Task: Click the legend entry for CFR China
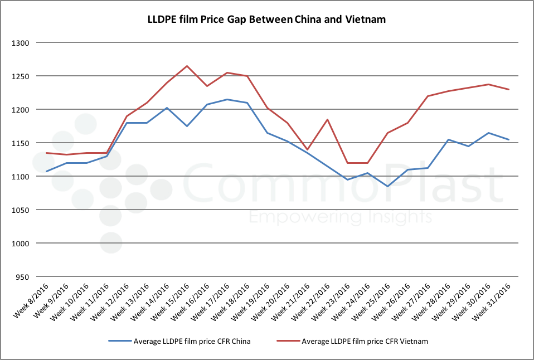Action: (x=187, y=341)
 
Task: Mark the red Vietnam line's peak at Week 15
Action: (x=187, y=66)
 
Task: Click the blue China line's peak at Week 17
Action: (x=226, y=100)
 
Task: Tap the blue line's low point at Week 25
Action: (x=387, y=186)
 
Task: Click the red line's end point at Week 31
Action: (x=508, y=89)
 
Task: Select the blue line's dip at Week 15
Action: (x=187, y=126)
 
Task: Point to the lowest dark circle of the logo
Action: (x=110, y=242)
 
